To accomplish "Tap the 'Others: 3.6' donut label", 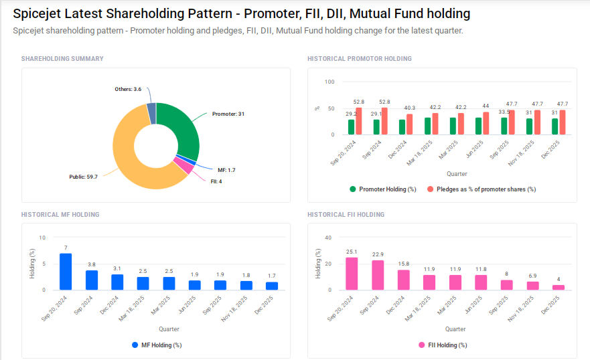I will [x=128, y=89].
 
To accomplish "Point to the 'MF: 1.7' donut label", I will [x=226, y=170].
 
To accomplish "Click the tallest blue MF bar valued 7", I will [x=66, y=272].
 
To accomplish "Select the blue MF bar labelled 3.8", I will [x=92, y=280].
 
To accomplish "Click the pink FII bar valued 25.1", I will [x=352, y=274].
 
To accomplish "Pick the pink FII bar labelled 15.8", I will [x=403, y=280].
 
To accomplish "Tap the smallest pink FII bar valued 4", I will [x=559, y=287].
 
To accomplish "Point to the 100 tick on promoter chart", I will [x=329, y=82].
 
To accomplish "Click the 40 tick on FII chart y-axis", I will [x=328, y=238].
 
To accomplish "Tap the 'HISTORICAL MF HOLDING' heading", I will [x=60, y=215].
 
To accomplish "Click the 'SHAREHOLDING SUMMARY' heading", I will [x=62, y=59].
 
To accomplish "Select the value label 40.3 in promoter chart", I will [x=409, y=108].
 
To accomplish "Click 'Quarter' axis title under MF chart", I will [x=169, y=329].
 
